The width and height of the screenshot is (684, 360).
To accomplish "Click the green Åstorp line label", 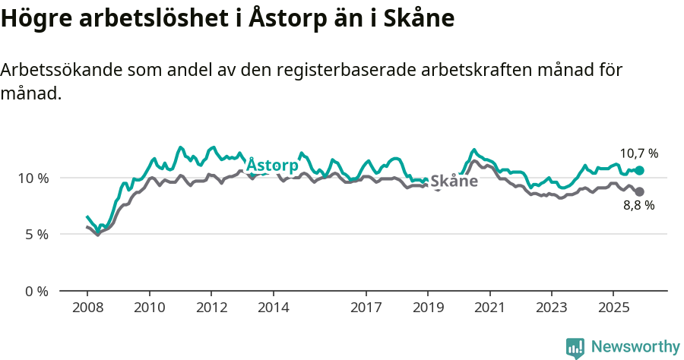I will (x=272, y=165).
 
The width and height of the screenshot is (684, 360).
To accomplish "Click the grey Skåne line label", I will (x=454, y=182).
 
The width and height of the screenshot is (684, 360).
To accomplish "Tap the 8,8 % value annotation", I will (x=638, y=205).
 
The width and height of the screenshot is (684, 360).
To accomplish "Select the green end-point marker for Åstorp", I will (x=639, y=171).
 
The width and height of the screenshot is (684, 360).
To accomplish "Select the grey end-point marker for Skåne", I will (x=639, y=191).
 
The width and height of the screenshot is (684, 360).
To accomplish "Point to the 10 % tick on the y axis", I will (x=33, y=178).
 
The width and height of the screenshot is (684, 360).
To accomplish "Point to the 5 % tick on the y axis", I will (x=36, y=235).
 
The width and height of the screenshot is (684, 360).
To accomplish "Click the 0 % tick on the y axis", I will (x=36, y=291).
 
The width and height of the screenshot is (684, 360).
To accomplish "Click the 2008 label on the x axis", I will (x=87, y=308).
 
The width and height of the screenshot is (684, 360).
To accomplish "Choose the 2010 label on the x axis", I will (x=149, y=308).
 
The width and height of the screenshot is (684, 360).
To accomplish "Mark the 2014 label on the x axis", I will (x=273, y=308).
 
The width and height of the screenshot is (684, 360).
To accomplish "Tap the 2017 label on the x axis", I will (x=366, y=308).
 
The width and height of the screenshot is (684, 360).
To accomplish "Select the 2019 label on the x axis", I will (x=428, y=308).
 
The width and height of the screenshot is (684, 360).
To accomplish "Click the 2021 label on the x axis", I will (x=489, y=308).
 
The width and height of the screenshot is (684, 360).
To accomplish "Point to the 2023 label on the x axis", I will (x=551, y=308).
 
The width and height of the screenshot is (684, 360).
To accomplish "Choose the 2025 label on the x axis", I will (x=613, y=308).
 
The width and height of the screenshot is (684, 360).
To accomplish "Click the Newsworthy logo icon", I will (x=575, y=347).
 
